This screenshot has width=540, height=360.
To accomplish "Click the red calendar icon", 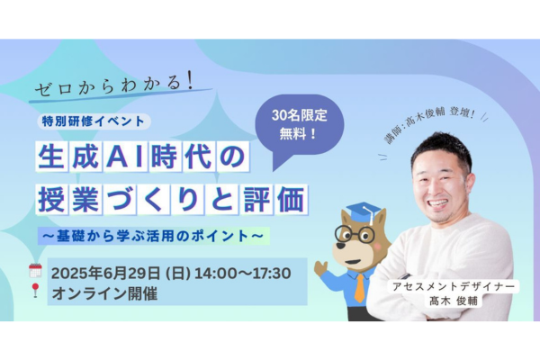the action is click(35, 270).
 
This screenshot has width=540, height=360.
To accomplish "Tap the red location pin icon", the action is click(35, 290).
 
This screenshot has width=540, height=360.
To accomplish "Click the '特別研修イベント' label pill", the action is click(94, 121).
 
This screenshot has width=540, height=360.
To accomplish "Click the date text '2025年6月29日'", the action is click(105, 274).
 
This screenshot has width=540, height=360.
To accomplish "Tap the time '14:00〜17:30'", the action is click(243, 274).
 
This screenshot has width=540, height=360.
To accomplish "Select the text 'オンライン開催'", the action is click(104, 293).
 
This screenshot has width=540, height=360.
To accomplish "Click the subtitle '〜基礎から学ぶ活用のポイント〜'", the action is click(153, 236).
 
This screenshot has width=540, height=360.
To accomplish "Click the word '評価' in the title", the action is click(274, 200).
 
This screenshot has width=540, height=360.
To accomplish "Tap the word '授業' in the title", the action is click(69, 200).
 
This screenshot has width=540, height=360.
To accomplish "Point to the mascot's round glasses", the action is click(355, 235).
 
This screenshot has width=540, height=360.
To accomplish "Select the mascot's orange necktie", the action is click(359, 288).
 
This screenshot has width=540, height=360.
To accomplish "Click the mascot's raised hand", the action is click(320, 267).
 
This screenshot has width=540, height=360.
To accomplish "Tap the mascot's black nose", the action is click(341, 246).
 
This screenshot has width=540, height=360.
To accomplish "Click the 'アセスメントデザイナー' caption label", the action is click(454, 286).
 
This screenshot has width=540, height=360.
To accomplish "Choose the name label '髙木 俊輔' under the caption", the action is click(454, 301).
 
